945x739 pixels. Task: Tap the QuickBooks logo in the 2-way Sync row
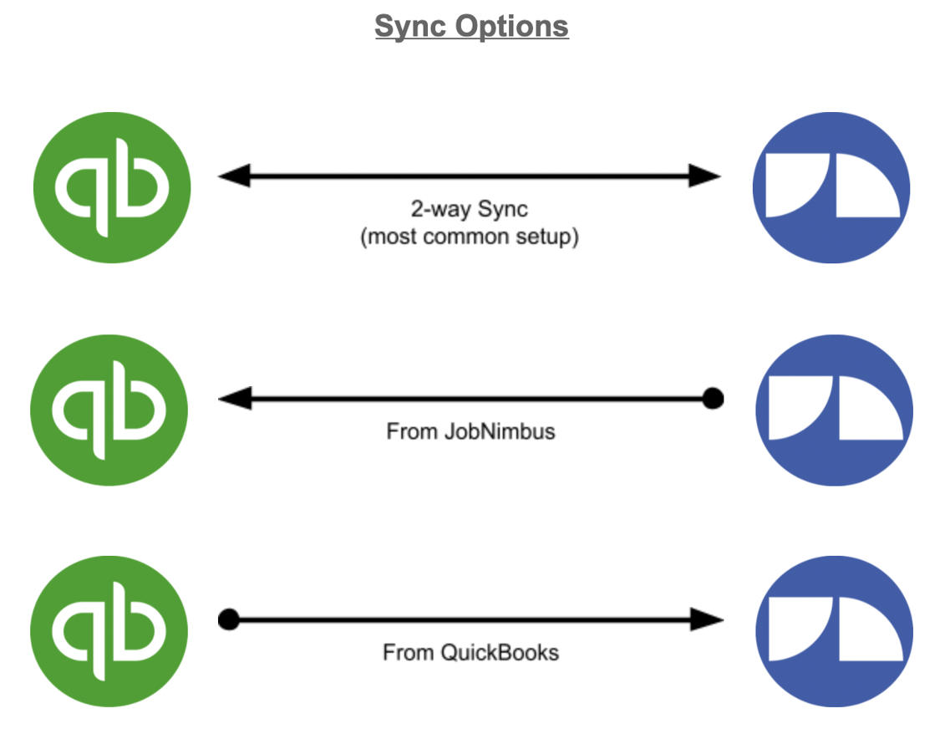(x=112, y=186)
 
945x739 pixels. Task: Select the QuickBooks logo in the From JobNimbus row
(x=109, y=409)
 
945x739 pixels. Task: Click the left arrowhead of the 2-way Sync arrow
(x=233, y=176)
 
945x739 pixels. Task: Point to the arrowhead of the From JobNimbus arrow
(x=234, y=399)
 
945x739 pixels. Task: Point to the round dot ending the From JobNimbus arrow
(x=713, y=399)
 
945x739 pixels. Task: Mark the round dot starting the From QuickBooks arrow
(x=228, y=620)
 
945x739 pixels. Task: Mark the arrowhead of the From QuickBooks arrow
(x=706, y=620)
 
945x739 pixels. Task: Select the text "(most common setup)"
(x=470, y=237)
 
